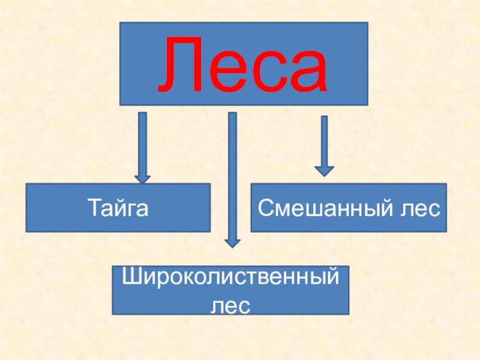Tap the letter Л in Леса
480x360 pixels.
184,65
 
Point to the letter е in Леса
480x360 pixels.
228,71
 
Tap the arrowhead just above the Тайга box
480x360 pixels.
142,178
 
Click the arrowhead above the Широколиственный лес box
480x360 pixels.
232,243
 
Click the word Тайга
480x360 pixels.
118,208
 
